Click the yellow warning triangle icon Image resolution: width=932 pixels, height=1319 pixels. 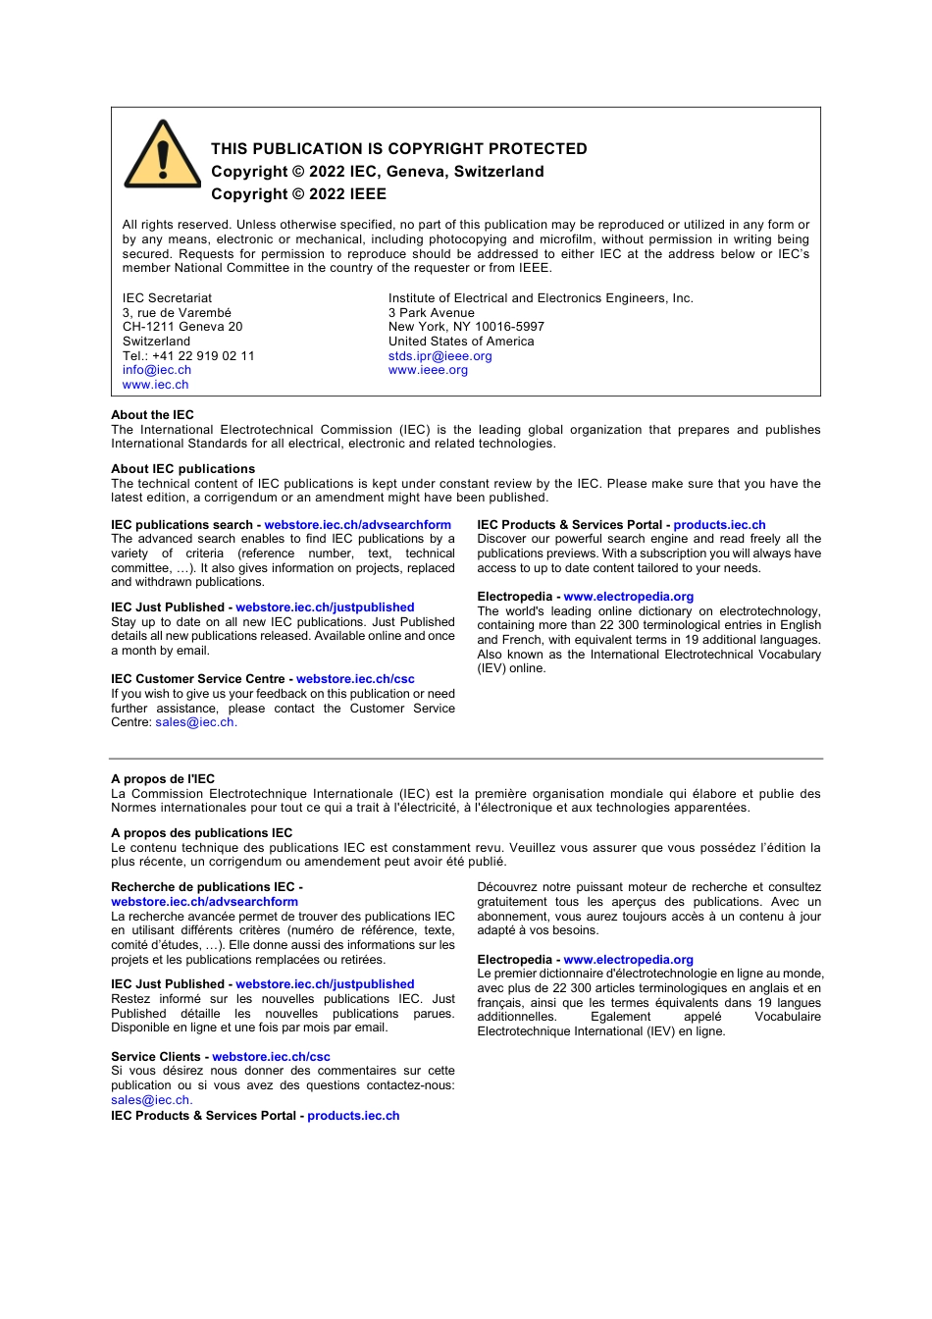click(x=163, y=157)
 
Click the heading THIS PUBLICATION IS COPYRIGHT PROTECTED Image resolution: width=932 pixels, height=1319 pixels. click(x=398, y=149)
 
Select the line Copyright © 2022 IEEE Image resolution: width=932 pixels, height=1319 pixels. click(x=298, y=194)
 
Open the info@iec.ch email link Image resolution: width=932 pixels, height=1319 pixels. click(x=157, y=370)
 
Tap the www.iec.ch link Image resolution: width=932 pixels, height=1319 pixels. click(x=155, y=385)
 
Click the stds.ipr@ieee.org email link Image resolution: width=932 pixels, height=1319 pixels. click(x=440, y=356)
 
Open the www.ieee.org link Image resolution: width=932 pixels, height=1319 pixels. click(x=428, y=370)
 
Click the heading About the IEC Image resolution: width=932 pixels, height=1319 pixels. click(x=152, y=415)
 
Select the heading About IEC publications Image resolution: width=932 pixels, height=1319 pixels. click(x=182, y=469)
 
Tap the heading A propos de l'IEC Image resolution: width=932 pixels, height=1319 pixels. click(x=162, y=779)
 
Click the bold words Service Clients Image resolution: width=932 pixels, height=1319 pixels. click(x=155, y=1057)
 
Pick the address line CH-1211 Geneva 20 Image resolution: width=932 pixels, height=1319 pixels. click(x=182, y=327)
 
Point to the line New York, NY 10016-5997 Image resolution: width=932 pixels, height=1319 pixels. click(x=466, y=327)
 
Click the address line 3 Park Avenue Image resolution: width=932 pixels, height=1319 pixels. click(x=431, y=313)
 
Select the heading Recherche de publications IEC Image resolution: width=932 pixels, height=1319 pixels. click(x=203, y=887)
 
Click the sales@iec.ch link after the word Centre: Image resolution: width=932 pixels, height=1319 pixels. click(x=194, y=722)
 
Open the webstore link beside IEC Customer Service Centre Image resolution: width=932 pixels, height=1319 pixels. click(x=355, y=679)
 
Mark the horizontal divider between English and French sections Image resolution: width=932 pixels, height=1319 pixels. click(x=466, y=759)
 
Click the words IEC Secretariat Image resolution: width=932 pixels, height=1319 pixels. click(x=167, y=298)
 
